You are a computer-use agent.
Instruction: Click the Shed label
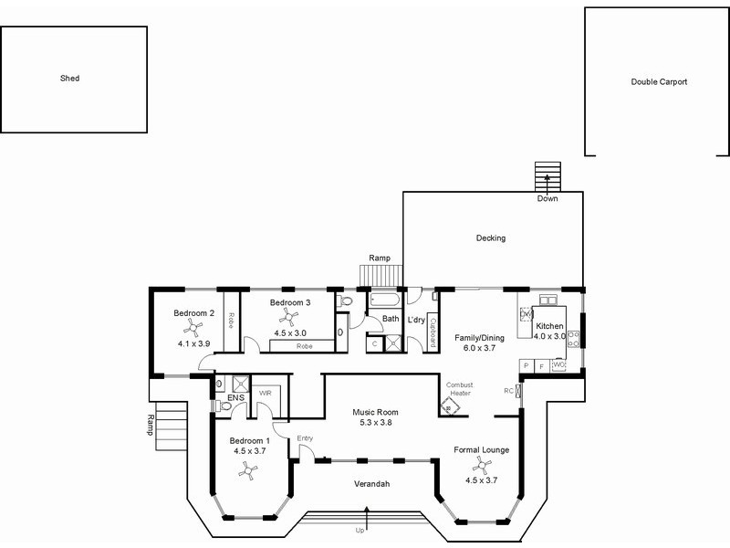coord(70,79)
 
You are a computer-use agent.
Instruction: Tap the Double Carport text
coord(659,82)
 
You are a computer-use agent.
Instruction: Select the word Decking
coord(491,238)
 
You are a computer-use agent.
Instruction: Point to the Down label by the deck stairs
coord(547,198)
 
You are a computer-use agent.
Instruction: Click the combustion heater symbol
coord(450,407)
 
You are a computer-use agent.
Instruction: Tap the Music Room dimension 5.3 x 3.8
coord(376,423)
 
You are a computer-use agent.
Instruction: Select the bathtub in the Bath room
coord(385,299)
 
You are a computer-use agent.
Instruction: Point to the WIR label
coord(266,393)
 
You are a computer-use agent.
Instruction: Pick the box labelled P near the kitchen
coord(527,366)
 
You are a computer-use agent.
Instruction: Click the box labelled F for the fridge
coord(542,366)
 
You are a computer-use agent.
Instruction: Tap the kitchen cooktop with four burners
coord(573,339)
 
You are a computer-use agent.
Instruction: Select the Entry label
coord(305,438)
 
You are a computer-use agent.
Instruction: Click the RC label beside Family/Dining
coord(508,391)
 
